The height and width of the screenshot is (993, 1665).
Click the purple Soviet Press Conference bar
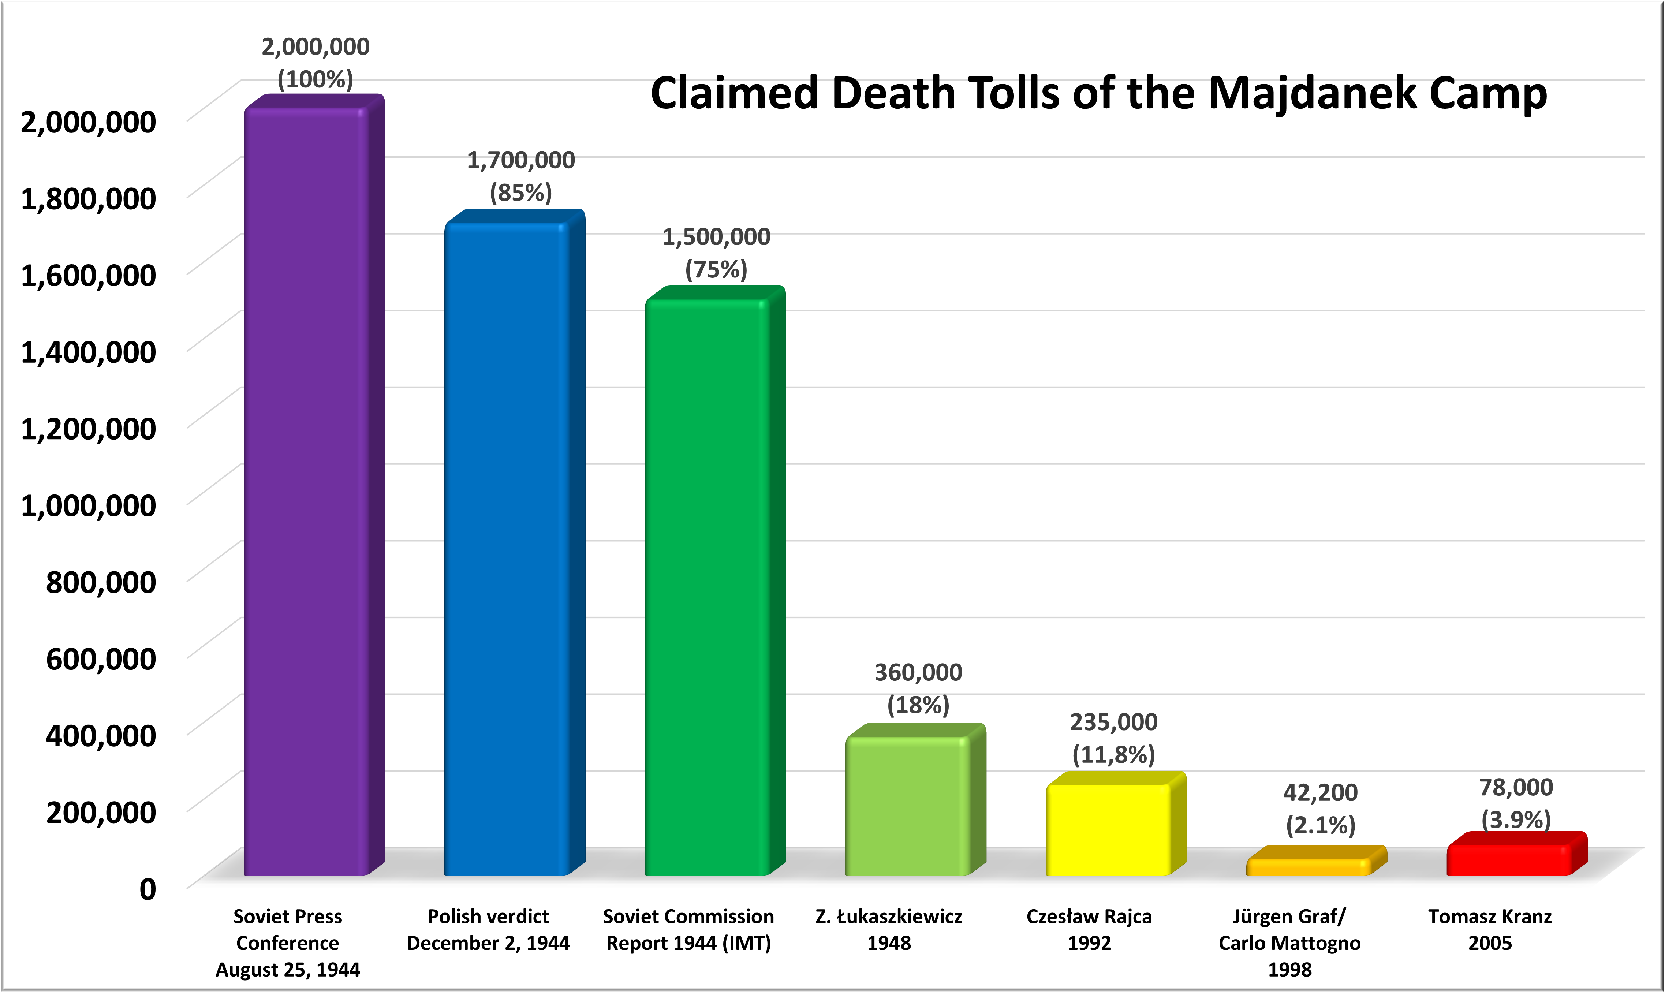click(x=306, y=492)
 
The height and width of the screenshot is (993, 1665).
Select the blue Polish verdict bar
click(x=507, y=549)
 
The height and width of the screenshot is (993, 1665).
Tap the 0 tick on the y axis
click(x=147, y=889)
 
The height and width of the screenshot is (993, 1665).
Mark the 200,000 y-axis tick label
click(x=100, y=812)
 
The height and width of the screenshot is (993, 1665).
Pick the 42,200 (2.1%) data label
click(x=1321, y=808)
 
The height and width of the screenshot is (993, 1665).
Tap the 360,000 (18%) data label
click(x=918, y=688)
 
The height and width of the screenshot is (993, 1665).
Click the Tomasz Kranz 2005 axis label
click(x=1490, y=929)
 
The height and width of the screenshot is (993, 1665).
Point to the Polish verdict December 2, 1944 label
click(x=488, y=929)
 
